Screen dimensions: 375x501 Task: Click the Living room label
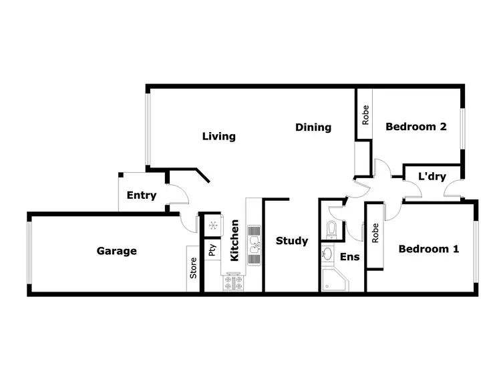pos(219,137)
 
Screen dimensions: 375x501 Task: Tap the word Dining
pos(313,127)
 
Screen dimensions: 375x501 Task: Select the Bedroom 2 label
pos(415,127)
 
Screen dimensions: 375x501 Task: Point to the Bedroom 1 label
pos(429,249)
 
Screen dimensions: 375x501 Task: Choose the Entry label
pos(141,196)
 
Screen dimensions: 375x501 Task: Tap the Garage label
pos(117,251)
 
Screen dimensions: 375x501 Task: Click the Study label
pos(292,241)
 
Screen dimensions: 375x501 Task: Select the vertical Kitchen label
pos(234,240)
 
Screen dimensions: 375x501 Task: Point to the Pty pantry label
pos(212,251)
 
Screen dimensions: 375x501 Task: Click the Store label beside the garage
pos(194,268)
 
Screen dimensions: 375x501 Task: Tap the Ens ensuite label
pos(349,256)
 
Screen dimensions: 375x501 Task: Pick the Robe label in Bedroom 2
pos(365,116)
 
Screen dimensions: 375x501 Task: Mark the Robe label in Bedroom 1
pos(375,233)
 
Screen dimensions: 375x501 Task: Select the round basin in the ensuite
pos(328,254)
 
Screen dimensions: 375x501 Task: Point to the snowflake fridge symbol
pos(212,226)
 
